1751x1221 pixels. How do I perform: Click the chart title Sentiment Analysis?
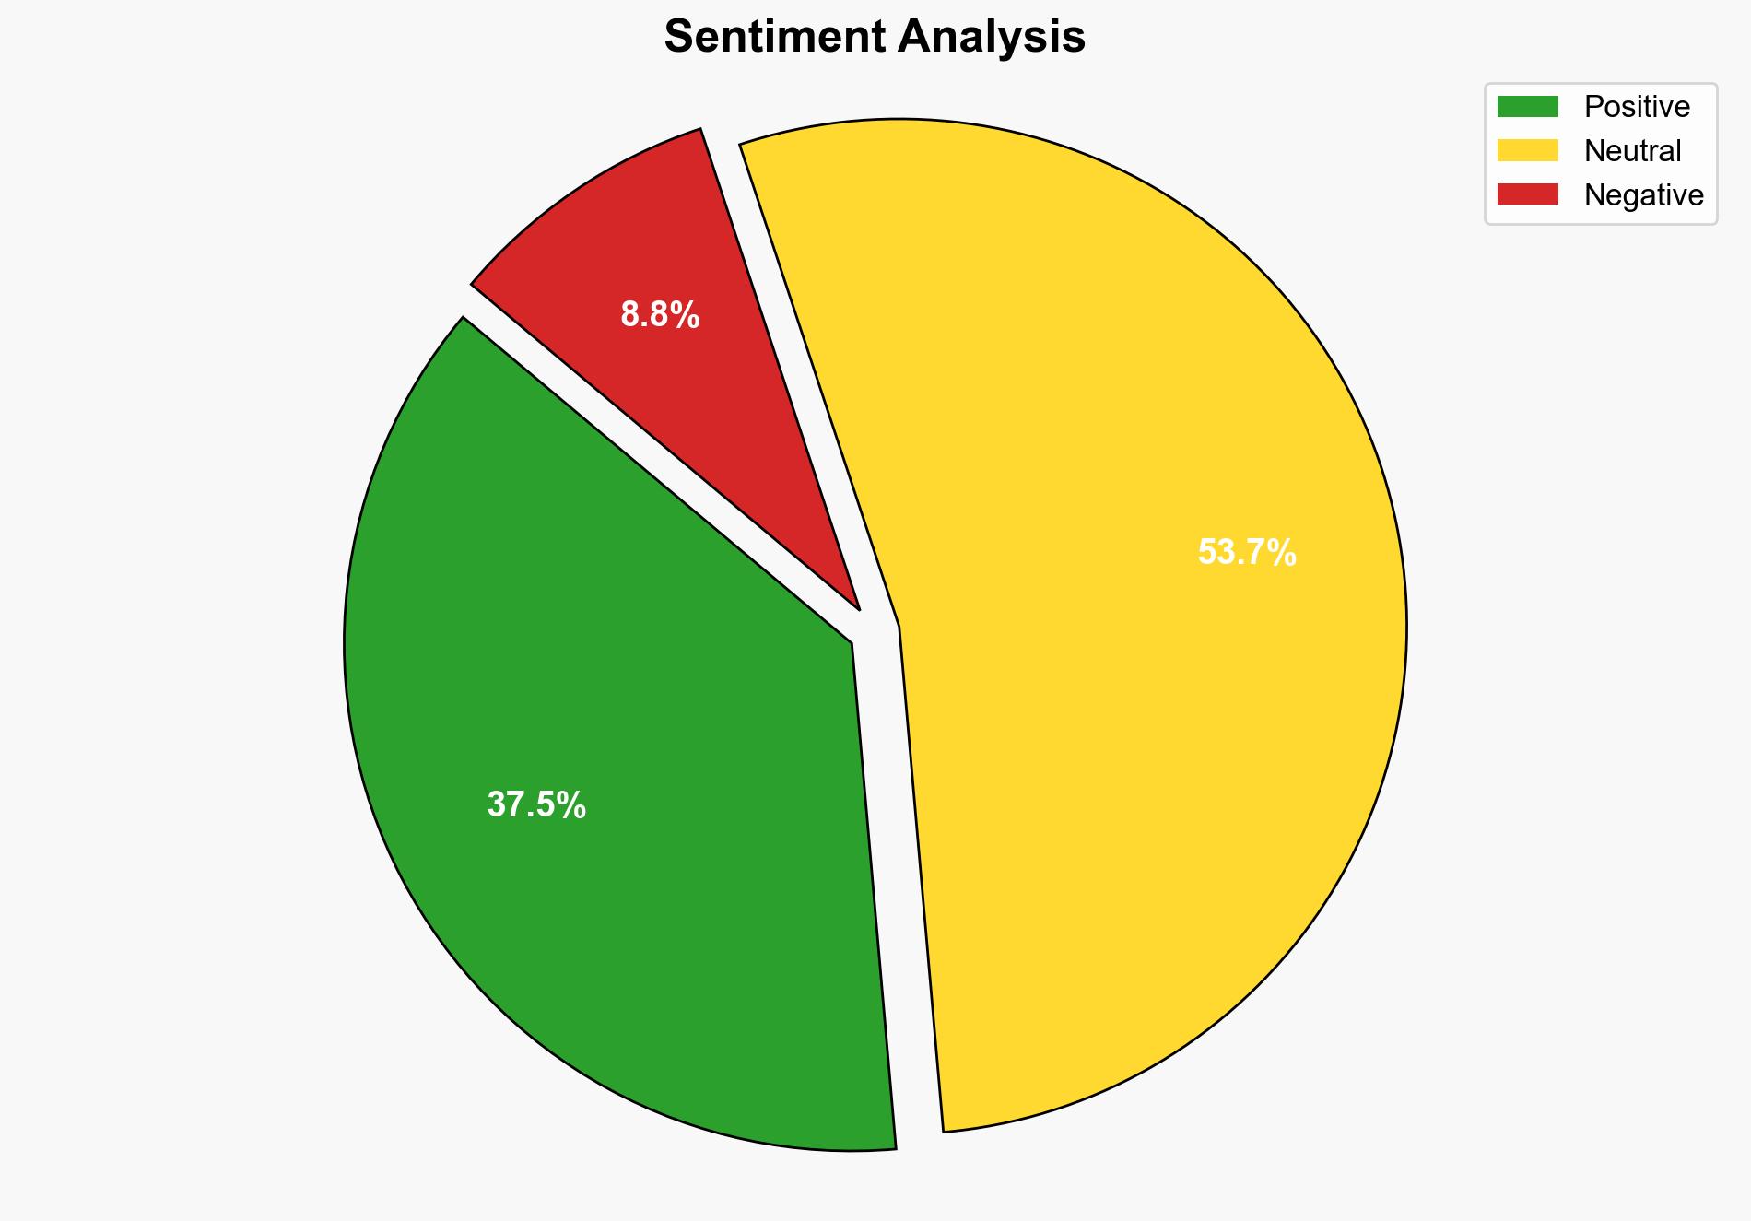click(x=875, y=38)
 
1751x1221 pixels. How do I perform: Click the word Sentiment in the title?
click(x=774, y=38)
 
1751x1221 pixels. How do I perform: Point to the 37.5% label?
click(x=536, y=805)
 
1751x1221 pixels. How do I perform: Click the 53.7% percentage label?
click(x=1246, y=553)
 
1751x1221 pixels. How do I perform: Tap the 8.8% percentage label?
click(x=660, y=315)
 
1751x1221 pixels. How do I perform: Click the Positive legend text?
click(x=1637, y=107)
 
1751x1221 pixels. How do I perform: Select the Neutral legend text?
click(x=1632, y=151)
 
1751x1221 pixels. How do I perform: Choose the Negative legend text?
click(x=1643, y=195)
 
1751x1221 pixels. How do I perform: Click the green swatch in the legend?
click(x=1527, y=107)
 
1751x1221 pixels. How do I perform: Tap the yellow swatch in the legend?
click(x=1527, y=150)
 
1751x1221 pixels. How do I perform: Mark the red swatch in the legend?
click(x=1527, y=194)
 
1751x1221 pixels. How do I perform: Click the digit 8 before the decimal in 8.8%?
click(x=630, y=315)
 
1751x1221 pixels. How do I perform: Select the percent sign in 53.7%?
click(x=1281, y=553)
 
